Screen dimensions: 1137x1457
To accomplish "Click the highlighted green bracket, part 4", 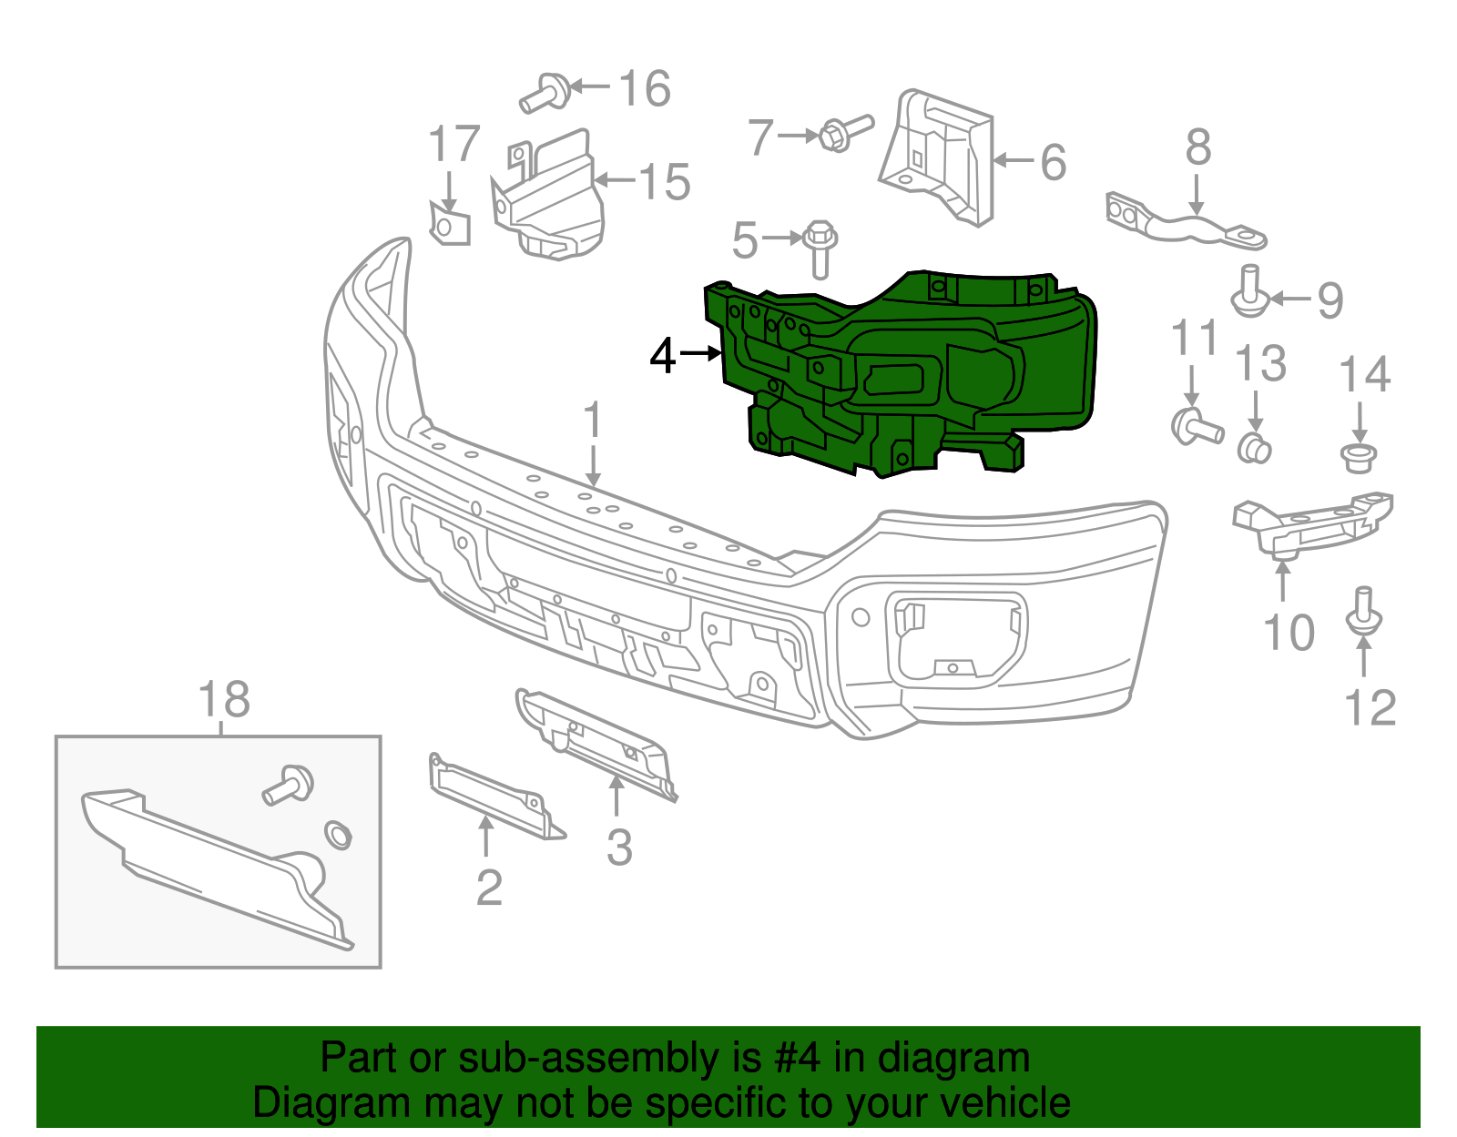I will pos(911,373).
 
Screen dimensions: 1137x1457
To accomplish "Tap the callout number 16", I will pos(645,89).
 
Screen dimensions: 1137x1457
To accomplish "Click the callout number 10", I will pos(1289,633).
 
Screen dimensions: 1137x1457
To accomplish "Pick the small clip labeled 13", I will pos(1255,449).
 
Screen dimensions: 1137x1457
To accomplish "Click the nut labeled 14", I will pos(1359,457).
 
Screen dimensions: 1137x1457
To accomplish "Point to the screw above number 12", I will pos(1363,612).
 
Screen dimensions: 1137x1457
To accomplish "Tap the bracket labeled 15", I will pos(551,200).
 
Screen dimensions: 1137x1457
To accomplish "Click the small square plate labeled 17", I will pos(450,225).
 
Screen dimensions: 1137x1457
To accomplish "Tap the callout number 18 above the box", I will pos(224,701).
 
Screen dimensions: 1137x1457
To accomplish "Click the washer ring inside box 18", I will pos(338,835).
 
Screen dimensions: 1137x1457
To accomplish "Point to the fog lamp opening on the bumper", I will pos(956,637).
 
